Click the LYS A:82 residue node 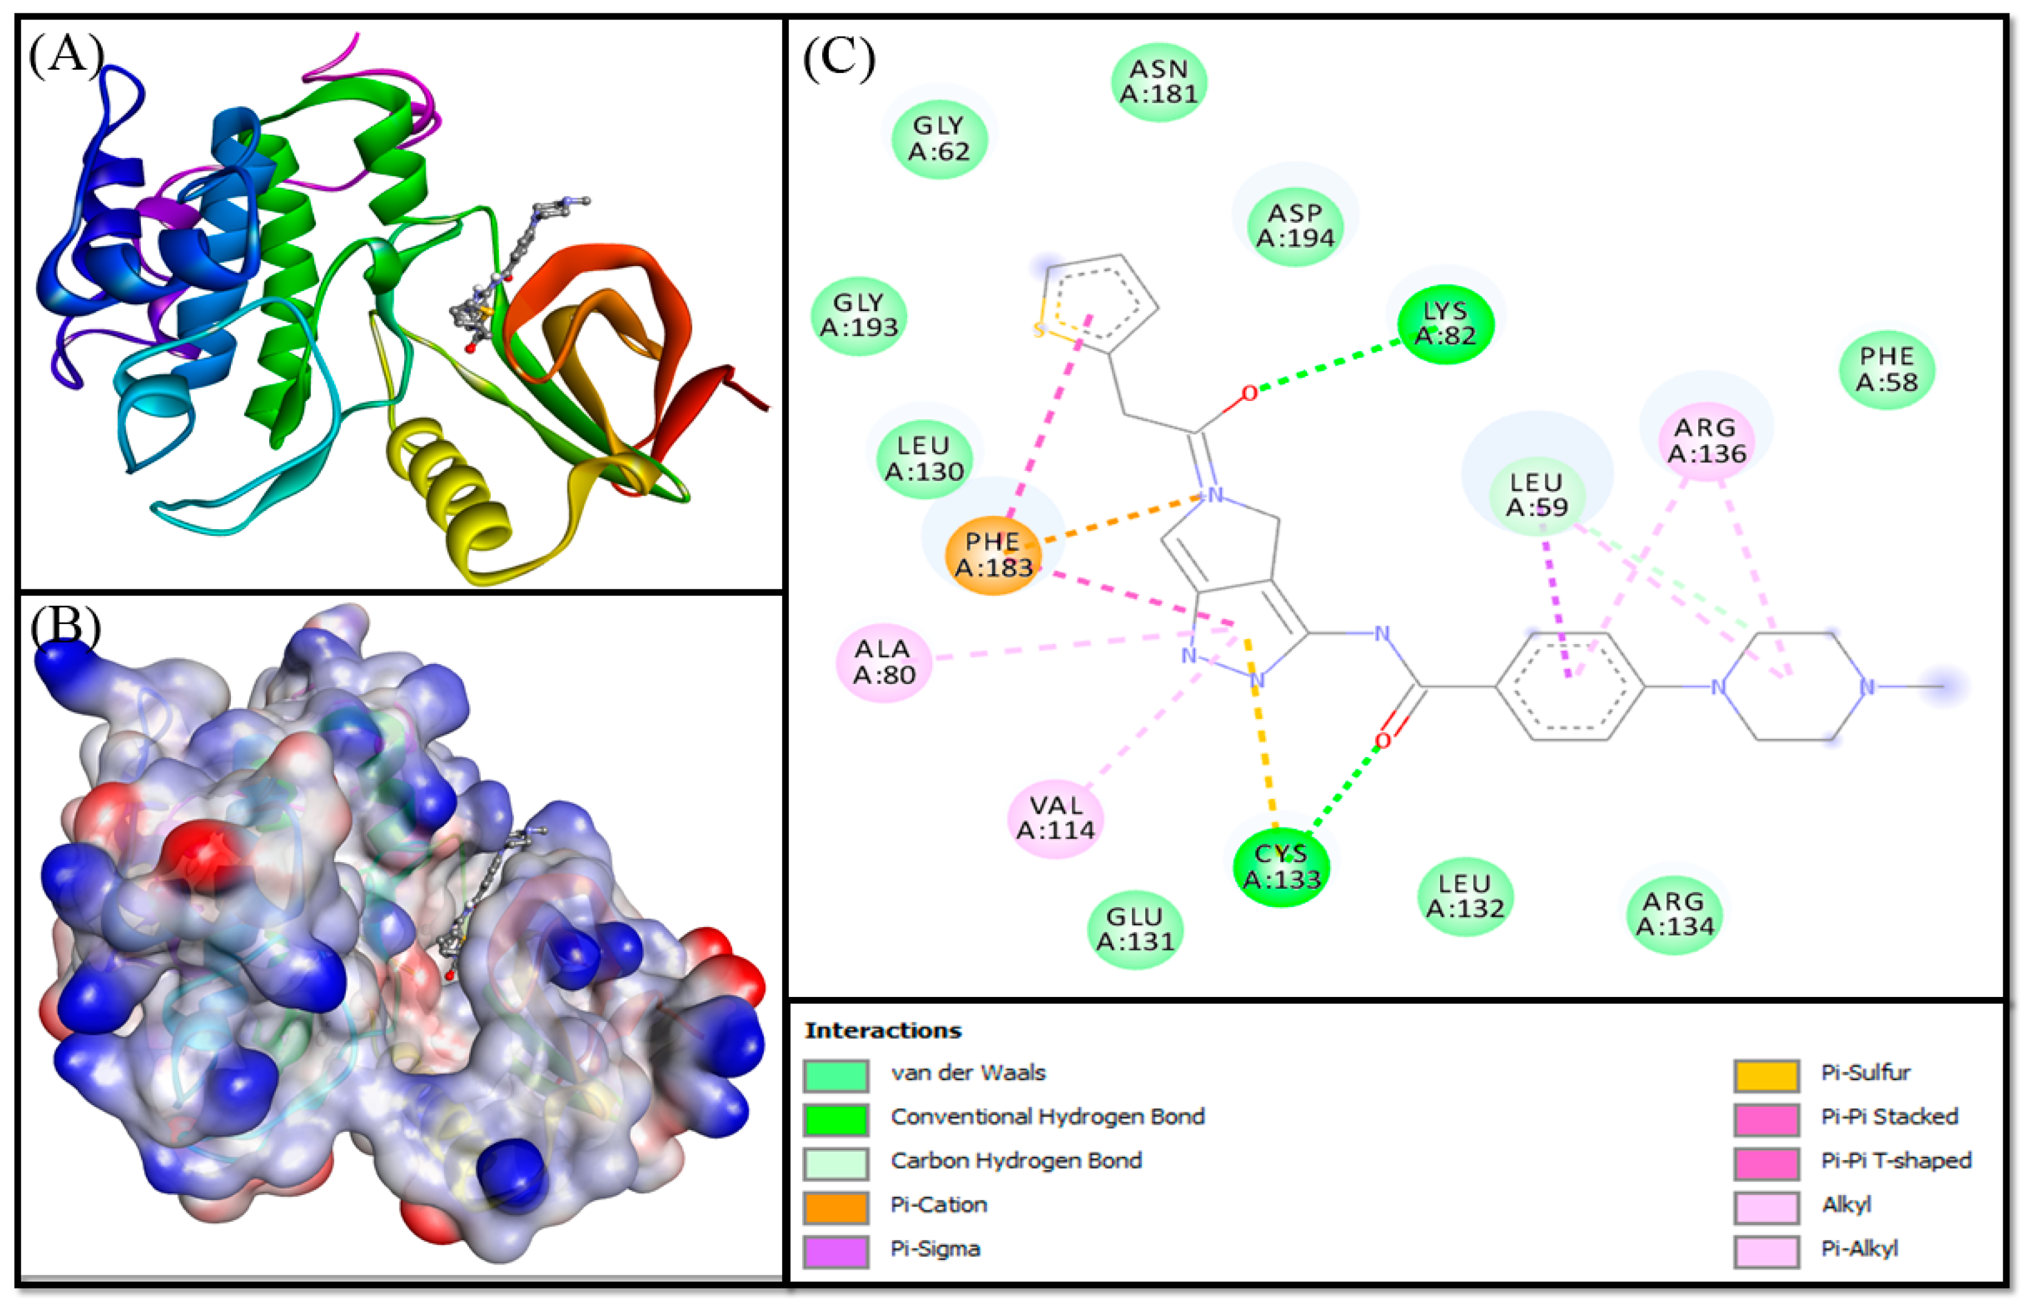pos(1446,324)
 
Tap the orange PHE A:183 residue pos(993,555)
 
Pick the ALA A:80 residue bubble pos(884,662)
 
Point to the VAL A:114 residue pos(1056,818)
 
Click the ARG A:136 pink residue pos(1707,440)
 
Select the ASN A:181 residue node pos(1158,81)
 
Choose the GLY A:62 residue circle pos(939,138)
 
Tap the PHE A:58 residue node pos(1887,369)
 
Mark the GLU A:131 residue pos(1136,929)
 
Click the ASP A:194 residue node pos(1295,225)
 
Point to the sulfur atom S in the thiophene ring pos(1039,331)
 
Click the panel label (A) pos(66,56)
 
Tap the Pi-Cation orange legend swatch pos(835,1207)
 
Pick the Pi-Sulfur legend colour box pos(1766,1075)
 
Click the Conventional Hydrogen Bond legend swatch pos(835,1118)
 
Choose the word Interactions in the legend pos(883,1030)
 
